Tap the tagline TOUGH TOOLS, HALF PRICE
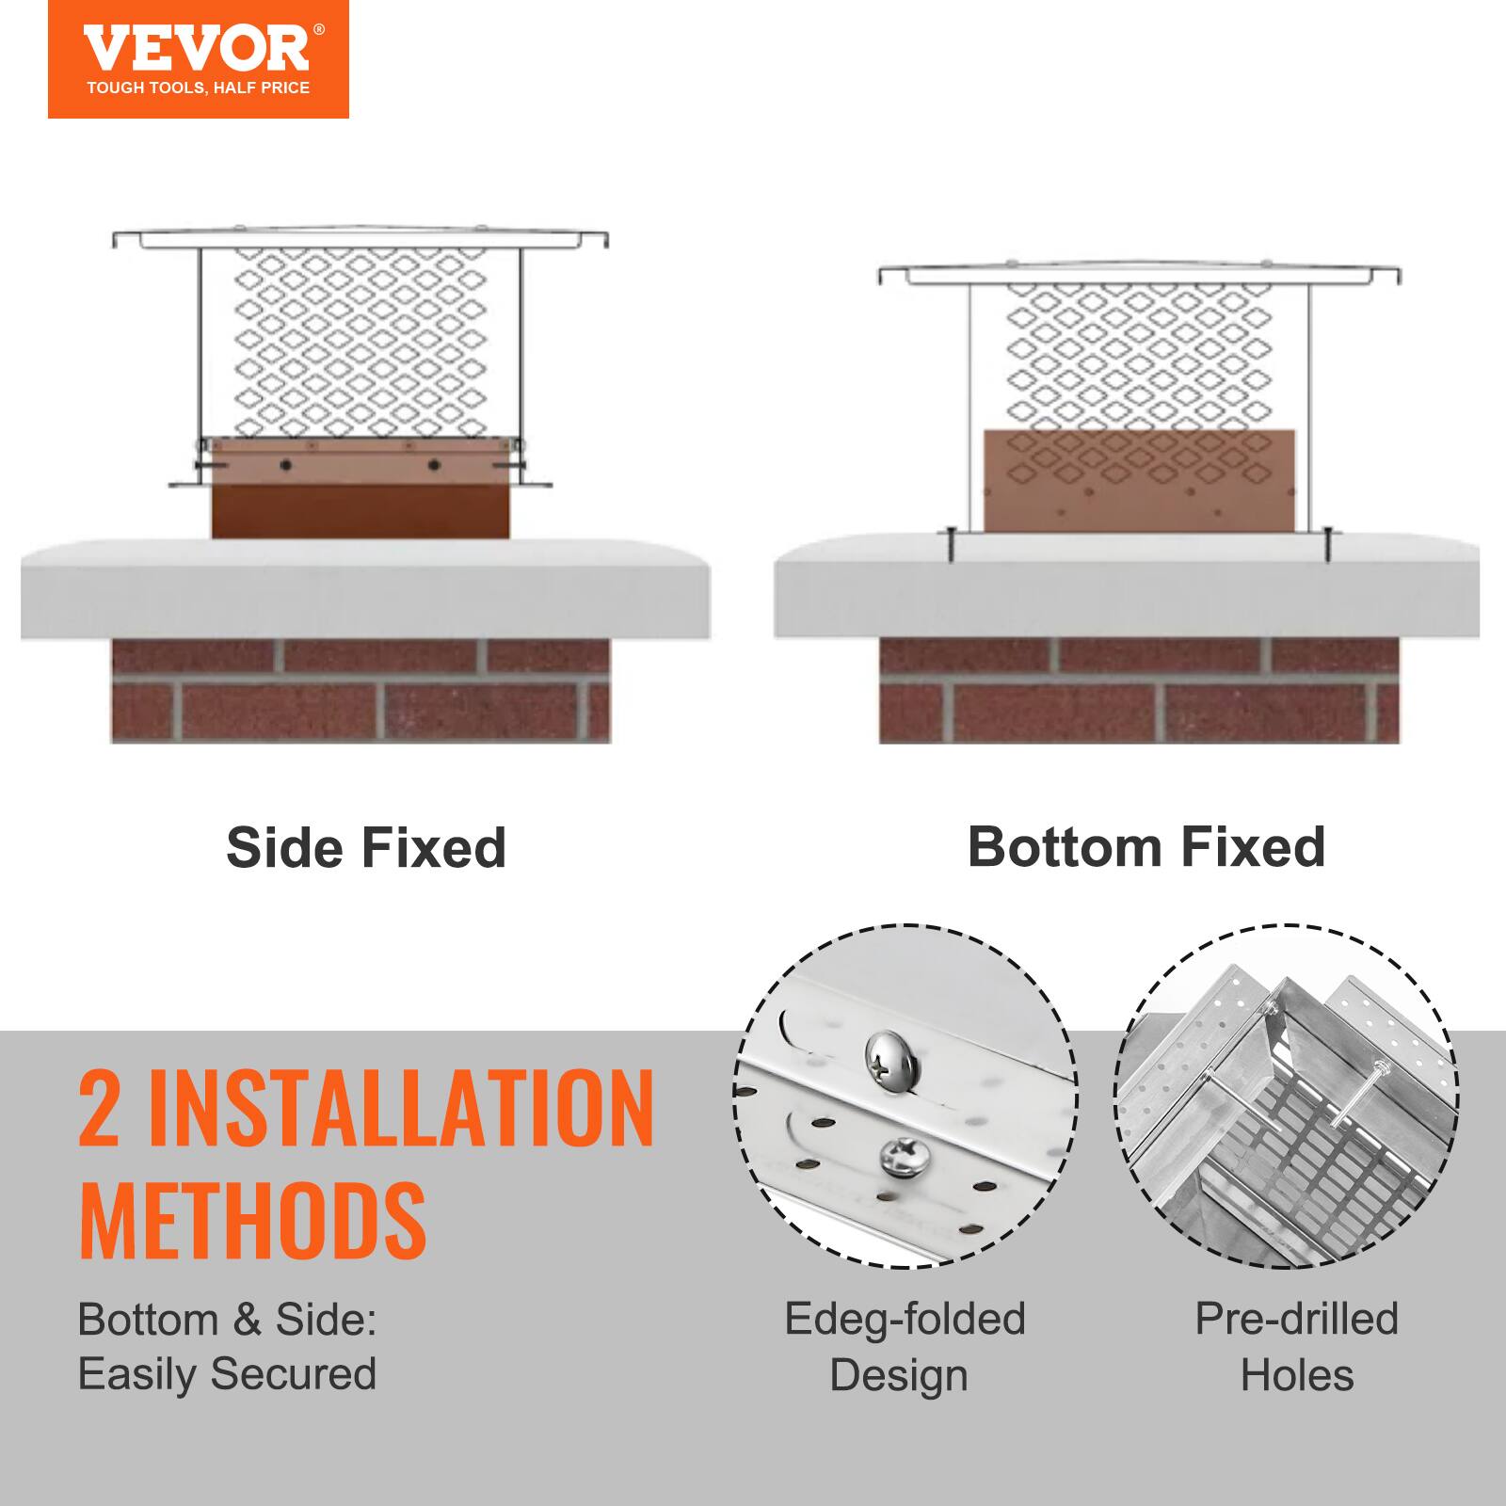[x=198, y=88]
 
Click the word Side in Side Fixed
[x=284, y=847]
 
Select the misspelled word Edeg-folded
[x=904, y=1319]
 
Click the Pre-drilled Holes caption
[x=1296, y=1346]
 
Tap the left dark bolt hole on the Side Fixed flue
[x=283, y=464]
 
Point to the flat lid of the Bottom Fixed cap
[x=1139, y=274]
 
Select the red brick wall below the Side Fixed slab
[x=360, y=692]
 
